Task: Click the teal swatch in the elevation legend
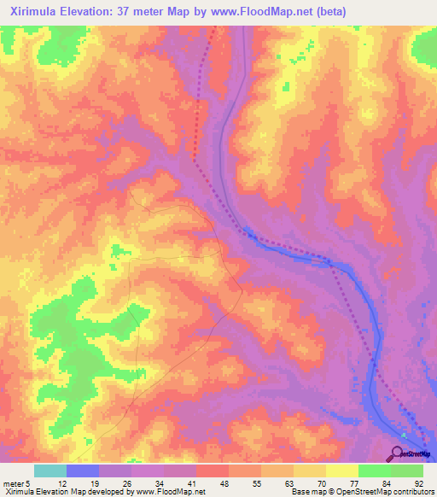pyautogui.click(x=50, y=471)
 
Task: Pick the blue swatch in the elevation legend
pyautogui.click(x=82, y=471)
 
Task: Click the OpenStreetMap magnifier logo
pyautogui.click(x=399, y=453)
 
